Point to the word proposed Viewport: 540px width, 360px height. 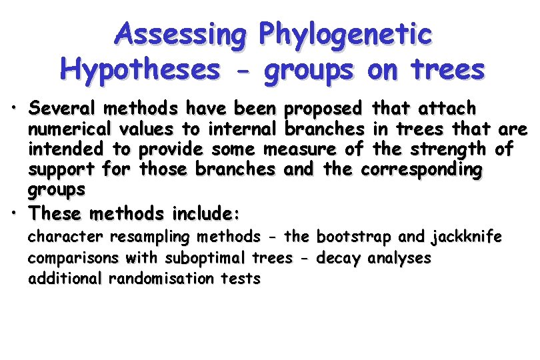point(323,108)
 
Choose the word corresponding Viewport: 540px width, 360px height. point(420,170)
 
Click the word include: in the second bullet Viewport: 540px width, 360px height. point(206,214)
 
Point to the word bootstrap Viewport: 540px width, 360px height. point(357,237)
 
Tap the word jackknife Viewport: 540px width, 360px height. point(467,237)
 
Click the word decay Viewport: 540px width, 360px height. point(339,258)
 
